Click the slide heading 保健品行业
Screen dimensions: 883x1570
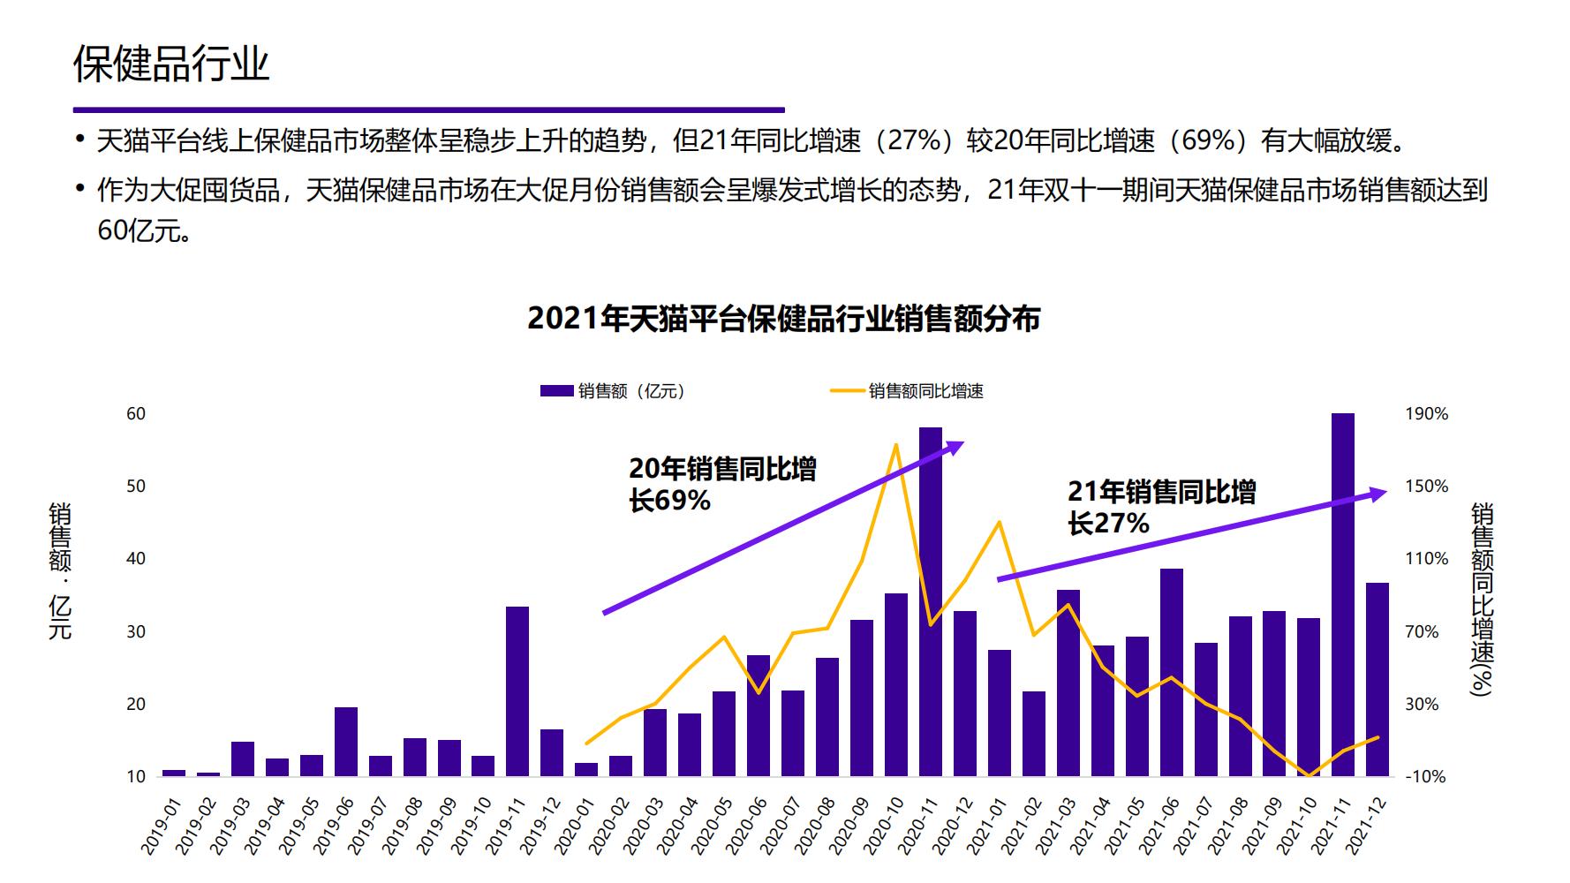click(171, 64)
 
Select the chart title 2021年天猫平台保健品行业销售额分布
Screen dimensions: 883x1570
click(783, 319)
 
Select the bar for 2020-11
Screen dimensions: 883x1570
click(930, 600)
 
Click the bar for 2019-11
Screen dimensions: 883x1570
click(517, 691)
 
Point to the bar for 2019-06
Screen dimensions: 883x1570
click(346, 741)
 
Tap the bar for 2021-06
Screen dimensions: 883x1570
click(1171, 671)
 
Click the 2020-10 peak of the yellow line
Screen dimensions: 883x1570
click(896, 444)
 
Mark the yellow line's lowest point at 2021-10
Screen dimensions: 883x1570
click(1309, 775)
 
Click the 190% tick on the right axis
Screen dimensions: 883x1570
click(1426, 413)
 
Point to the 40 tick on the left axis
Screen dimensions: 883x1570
click(136, 558)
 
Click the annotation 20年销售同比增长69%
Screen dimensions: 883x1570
click(721, 484)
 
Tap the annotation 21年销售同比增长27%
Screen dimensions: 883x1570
click(1160, 508)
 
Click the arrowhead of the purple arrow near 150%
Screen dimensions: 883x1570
click(1378, 494)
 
